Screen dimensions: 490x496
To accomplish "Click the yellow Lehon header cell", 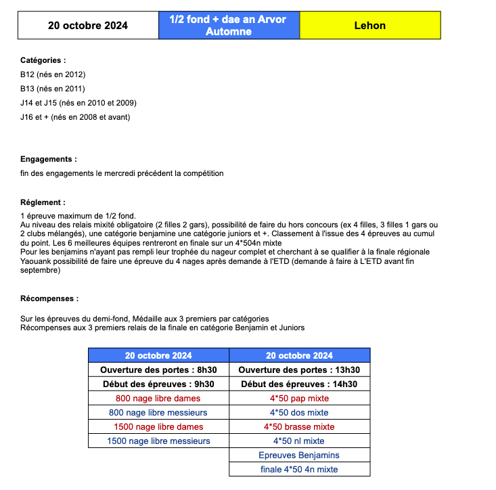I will pyautogui.click(x=369, y=26).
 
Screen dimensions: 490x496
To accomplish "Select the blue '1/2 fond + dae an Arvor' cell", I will pyautogui.click(x=228, y=26).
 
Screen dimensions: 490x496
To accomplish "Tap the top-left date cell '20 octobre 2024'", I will pyautogui.click(x=88, y=26).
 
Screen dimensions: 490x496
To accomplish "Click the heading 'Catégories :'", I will pyautogui.click(x=43, y=60).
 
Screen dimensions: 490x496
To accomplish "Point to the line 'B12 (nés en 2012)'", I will pyautogui.click(x=53, y=74).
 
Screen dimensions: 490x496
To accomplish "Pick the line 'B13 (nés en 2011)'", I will pyautogui.click(x=53, y=89).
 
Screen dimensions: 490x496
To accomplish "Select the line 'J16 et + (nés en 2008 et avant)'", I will pyautogui.click(x=75, y=117).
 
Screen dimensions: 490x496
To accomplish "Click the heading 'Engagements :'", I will pyautogui.click(x=49, y=159).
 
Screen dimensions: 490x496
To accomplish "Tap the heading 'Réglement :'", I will pyautogui.click(x=43, y=202).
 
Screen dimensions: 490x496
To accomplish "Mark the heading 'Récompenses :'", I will pyautogui.click(x=49, y=298).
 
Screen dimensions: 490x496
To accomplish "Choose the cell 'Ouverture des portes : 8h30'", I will pyautogui.click(x=158, y=370).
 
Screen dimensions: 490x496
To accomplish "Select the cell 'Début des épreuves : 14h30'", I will pyautogui.click(x=299, y=384).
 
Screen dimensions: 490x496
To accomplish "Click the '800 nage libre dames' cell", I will pyautogui.click(x=158, y=398).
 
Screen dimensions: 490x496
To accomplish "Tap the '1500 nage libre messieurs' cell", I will pyautogui.click(x=158, y=441).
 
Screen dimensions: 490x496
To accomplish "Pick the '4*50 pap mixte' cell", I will pyautogui.click(x=299, y=398).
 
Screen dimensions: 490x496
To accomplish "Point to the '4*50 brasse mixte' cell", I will pyautogui.click(x=299, y=426).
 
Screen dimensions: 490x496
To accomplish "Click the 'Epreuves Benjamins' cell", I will pyautogui.click(x=299, y=455).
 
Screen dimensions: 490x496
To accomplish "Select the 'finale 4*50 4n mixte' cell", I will pyautogui.click(x=299, y=469).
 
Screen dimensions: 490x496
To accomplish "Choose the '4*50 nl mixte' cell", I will pyautogui.click(x=299, y=441).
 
